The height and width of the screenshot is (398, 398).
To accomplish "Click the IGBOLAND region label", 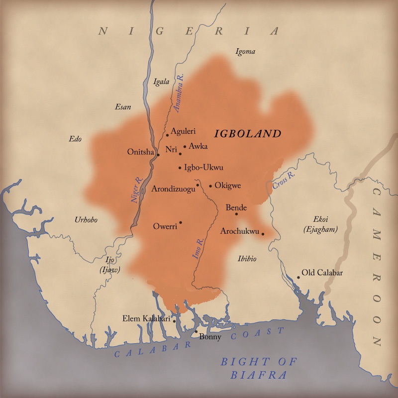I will coord(248,134).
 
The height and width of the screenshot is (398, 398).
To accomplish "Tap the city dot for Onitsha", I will coord(158,155).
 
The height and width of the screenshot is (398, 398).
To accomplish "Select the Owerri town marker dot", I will coord(181,222).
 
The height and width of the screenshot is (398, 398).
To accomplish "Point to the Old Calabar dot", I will coord(298,277).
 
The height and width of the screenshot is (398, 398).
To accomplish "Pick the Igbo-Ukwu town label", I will coord(203,167).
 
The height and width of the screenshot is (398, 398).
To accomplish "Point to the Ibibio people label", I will coord(247,258).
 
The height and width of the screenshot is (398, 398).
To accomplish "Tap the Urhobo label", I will coord(86,220).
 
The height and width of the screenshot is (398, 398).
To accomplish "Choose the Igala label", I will coord(162,82).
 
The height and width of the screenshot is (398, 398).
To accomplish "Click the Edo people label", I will coord(75,139).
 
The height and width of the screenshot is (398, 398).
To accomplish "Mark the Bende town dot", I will coord(236,214).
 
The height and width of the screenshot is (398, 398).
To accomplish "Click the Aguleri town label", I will coord(183,131).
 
